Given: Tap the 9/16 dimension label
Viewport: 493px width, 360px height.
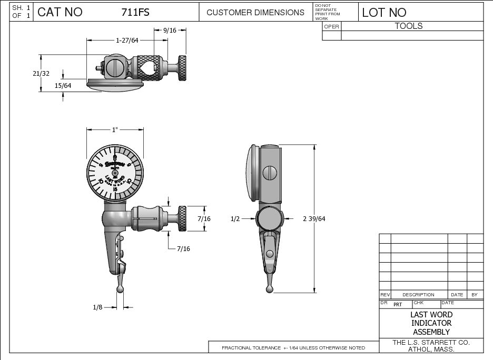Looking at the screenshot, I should click(170, 31).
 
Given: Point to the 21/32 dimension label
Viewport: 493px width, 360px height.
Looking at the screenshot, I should click(41, 74).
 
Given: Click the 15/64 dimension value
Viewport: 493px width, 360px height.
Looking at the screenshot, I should click(63, 85).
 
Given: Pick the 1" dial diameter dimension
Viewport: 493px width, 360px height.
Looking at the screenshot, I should click(114, 129).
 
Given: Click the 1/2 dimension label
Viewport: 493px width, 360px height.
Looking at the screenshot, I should click(235, 219).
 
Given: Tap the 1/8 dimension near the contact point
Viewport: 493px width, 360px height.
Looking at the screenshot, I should click(97, 307).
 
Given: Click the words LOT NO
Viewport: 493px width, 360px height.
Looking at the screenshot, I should click(384, 12).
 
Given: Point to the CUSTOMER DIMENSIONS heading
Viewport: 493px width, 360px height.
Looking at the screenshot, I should click(255, 12).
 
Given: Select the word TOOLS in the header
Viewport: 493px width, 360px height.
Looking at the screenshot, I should click(409, 26).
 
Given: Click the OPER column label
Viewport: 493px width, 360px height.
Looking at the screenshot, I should click(331, 26).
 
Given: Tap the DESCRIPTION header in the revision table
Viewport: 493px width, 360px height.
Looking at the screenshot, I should click(418, 295).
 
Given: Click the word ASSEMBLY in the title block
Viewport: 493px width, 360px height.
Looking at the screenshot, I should click(431, 332).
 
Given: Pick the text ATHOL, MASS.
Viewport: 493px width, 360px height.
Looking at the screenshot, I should click(431, 349).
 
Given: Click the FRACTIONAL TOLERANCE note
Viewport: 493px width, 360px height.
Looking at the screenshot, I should click(293, 348).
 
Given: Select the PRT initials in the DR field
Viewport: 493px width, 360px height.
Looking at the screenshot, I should click(398, 304).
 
